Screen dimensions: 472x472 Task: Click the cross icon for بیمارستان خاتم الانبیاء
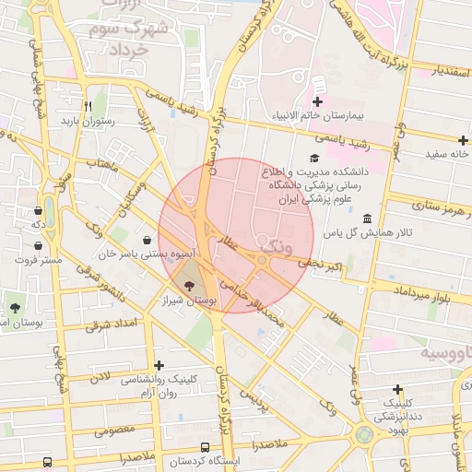(x=319, y=101)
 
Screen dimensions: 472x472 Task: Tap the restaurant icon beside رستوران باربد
(x=88, y=106)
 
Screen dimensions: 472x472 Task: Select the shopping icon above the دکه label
(x=36, y=210)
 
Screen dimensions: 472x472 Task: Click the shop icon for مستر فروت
(x=36, y=246)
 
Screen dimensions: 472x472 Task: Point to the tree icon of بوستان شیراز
(x=189, y=287)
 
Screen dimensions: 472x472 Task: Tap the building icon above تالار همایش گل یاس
(x=368, y=218)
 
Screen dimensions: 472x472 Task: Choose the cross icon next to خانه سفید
(x=436, y=140)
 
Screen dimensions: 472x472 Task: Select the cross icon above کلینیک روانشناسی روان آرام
(x=160, y=366)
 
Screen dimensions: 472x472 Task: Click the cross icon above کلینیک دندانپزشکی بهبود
(x=397, y=390)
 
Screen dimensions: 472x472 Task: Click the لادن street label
(x=99, y=377)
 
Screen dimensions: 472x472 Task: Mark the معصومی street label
(x=114, y=429)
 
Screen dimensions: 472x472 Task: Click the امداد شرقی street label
(x=110, y=324)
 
